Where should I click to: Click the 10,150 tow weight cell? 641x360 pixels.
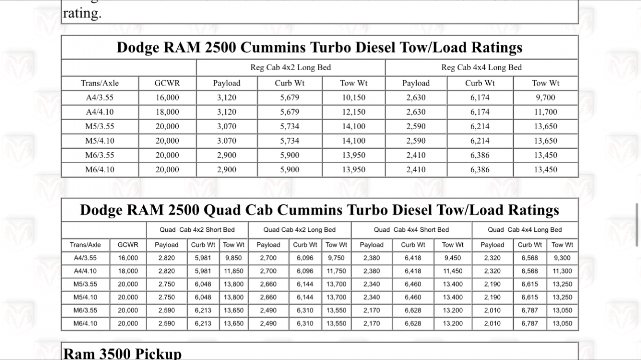(x=354, y=98)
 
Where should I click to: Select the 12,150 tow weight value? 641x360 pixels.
(x=354, y=112)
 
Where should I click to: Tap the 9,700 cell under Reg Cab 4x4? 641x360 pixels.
(x=545, y=98)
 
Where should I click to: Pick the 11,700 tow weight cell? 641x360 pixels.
(x=545, y=112)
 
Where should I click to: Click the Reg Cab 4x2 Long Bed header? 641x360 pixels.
(x=290, y=68)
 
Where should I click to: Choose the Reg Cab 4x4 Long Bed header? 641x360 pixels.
(x=481, y=68)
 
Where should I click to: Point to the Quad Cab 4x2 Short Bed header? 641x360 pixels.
(x=197, y=230)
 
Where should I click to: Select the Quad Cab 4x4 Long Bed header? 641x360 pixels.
(x=525, y=230)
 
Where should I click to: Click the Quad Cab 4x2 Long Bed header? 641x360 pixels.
(x=299, y=230)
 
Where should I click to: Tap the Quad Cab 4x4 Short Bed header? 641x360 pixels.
(x=411, y=230)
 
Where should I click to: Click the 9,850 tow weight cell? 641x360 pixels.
(x=233, y=258)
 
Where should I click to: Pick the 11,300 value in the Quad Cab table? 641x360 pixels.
(x=562, y=271)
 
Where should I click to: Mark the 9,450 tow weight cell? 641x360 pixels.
(x=453, y=258)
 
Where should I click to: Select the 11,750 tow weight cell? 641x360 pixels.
(x=336, y=271)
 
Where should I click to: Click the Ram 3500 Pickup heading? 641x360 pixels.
(x=122, y=353)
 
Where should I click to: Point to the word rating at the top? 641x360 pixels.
(x=82, y=14)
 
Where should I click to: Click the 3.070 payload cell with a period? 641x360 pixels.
(x=226, y=141)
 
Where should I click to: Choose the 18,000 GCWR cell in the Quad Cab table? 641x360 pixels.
(x=128, y=271)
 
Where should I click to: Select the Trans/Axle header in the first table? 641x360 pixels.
(x=100, y=83)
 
